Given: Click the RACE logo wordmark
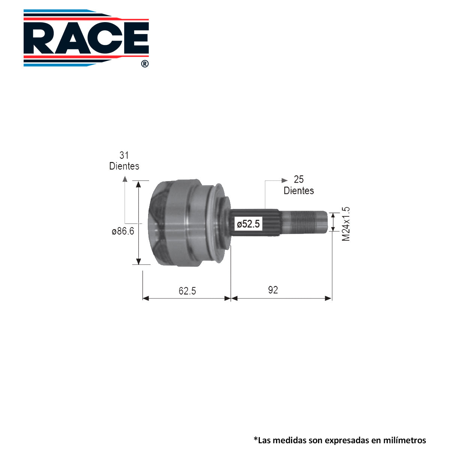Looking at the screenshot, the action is (x=86, y=38).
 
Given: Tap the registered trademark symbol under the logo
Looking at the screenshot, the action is (x=145, y=64).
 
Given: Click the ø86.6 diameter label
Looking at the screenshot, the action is (x=123, y=231).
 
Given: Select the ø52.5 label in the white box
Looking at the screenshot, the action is (x=248, y=224).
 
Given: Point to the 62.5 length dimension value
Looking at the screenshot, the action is (x=187, y=291).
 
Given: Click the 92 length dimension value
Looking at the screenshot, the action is (x=273, y=290).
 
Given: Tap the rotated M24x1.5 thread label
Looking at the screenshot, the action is (x=346, y=224).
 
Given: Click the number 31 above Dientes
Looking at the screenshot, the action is (x=124, y=155).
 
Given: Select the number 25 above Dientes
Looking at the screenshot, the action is (x=298, y=180).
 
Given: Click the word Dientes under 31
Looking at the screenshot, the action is (x=124, y=166).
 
